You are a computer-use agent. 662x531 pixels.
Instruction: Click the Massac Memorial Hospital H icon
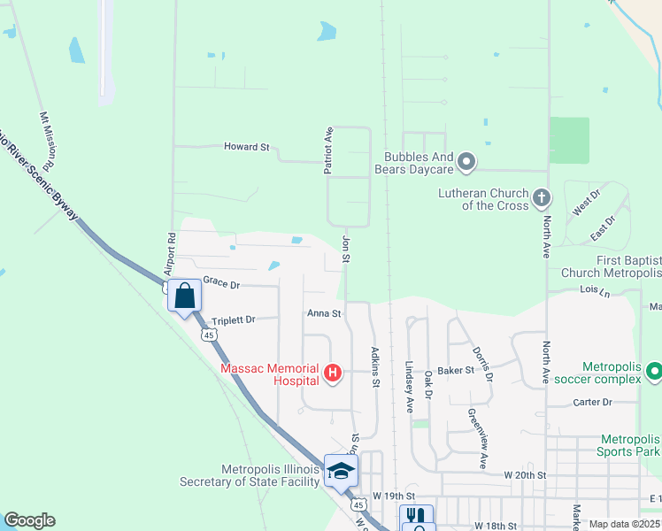[333, 373]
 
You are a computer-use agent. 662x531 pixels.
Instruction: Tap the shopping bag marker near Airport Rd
[185, 296]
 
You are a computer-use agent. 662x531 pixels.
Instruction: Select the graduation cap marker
[340, 470]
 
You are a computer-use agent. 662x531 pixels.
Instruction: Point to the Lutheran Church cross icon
[543, 197]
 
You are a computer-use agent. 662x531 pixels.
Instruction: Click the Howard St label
[246, 147]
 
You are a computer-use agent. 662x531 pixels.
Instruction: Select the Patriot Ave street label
[328, 149]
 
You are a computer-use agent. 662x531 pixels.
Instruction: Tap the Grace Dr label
[221, 281]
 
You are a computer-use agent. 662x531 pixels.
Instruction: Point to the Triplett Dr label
[232, 319]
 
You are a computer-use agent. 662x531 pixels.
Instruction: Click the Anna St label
[324, 313]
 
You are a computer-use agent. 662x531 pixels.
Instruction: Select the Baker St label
[457, 370]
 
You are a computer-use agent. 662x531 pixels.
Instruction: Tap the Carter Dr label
[593, 402]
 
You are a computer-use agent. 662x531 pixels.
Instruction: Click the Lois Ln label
[595, 289]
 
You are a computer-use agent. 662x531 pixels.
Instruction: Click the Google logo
[29, 520]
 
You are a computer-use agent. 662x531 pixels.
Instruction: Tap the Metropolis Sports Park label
[630, 445]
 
